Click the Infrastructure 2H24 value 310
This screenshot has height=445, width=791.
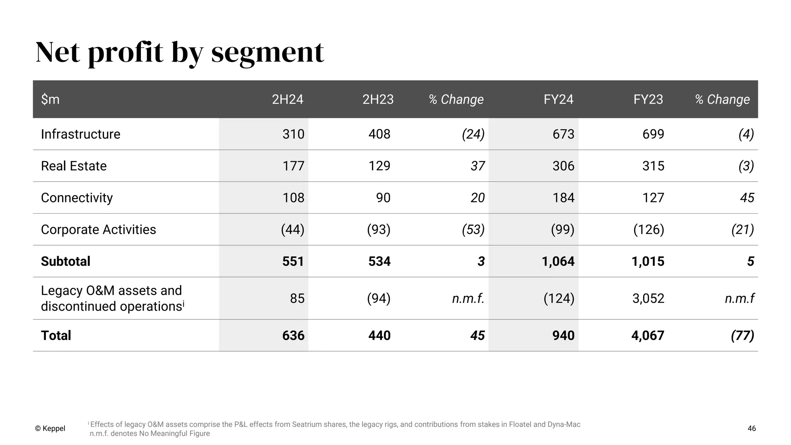coord(293,134)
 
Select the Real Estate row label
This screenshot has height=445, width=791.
coord(74,166)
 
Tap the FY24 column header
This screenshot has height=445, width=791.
coord(558,99)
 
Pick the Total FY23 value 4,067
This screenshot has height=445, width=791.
coord(647,335)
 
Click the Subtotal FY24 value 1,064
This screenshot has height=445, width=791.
coord(558,261)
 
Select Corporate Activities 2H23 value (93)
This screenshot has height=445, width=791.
coord(379,229)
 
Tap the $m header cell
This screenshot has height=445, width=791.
coord(50,99)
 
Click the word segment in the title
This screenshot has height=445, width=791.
coord(267,52)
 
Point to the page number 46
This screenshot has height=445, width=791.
coord(752,428)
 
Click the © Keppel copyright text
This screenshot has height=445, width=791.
coord(50,428)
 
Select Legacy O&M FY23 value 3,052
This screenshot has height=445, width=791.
coord(648,298)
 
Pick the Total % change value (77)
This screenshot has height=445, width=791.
coord(742,335)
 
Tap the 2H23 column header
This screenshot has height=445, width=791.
coord(378,99)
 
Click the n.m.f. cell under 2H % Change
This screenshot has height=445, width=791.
coord(468,298)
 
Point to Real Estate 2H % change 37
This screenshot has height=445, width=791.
coord(477,166)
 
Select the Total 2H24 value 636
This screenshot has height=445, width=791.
coord(293,335)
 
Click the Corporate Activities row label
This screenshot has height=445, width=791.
coord(98,229)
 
